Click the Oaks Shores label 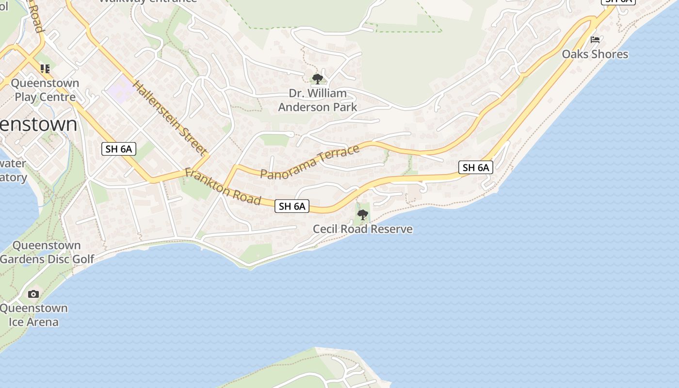(x=595, y=54)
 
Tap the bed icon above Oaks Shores (x=595, y=40)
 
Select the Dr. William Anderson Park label (x=318, y=100)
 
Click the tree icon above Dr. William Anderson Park (x=318, y=79)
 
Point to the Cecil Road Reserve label (x=362, y=229)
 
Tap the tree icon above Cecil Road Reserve (x=362, y=214)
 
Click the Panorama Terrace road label (x=310, y=162)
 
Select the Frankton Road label (x=223, y=187)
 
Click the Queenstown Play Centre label (x=45, y=90)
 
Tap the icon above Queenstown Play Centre (x=45, y=69)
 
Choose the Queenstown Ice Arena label (x=33, y=315)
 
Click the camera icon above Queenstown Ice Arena (x=33, y=294)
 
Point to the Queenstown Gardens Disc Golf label (x=47, y=252)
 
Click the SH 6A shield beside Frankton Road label (x=292, y=206)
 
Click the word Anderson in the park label (x=318, y=107)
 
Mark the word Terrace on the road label (x=340, y=153)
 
